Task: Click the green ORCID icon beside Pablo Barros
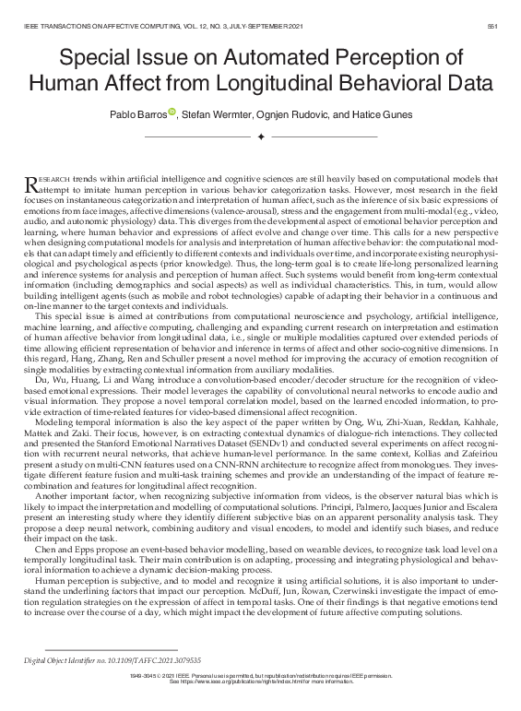point(172,111)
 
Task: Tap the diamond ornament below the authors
point(261,136)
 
